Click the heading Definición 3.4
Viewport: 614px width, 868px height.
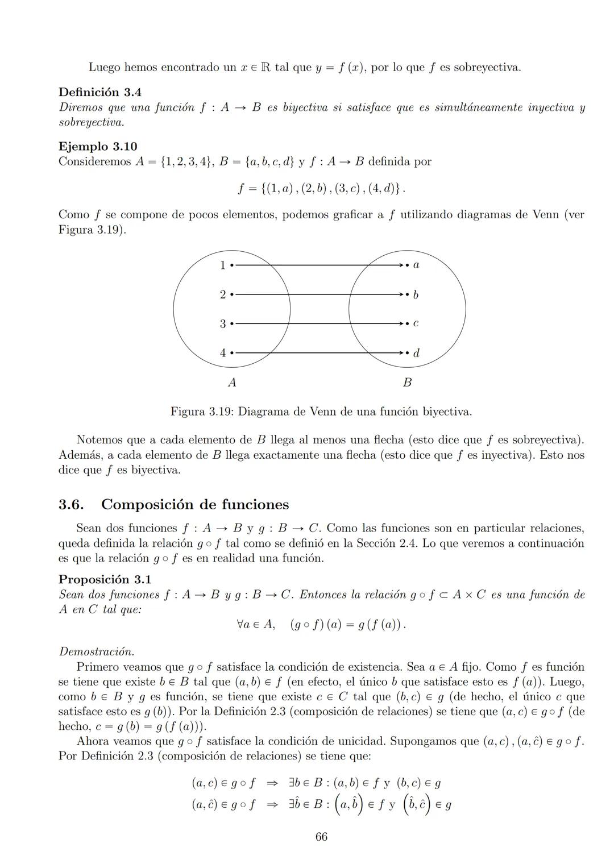pos(100,92)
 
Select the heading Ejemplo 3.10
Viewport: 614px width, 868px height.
pos(98,146)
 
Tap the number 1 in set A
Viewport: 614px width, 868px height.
pos(222,265)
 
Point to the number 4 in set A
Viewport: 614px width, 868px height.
pos(223,353)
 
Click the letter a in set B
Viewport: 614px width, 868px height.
pos(416,265)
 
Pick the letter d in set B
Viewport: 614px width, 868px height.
pos(416,353)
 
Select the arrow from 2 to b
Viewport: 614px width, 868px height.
pos(318,294)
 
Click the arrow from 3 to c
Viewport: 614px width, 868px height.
pos(318,323)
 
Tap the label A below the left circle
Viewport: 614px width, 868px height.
pos(232,383)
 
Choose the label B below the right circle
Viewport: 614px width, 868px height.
pos(407,383)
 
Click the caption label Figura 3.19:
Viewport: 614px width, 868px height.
pos(202,412)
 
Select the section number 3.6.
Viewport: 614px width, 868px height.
pos(71,505)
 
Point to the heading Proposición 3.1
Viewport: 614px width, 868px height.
pos(105,579)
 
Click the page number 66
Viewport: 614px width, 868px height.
pos(321,837)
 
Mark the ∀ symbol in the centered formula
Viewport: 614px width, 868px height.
pos(241,625)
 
